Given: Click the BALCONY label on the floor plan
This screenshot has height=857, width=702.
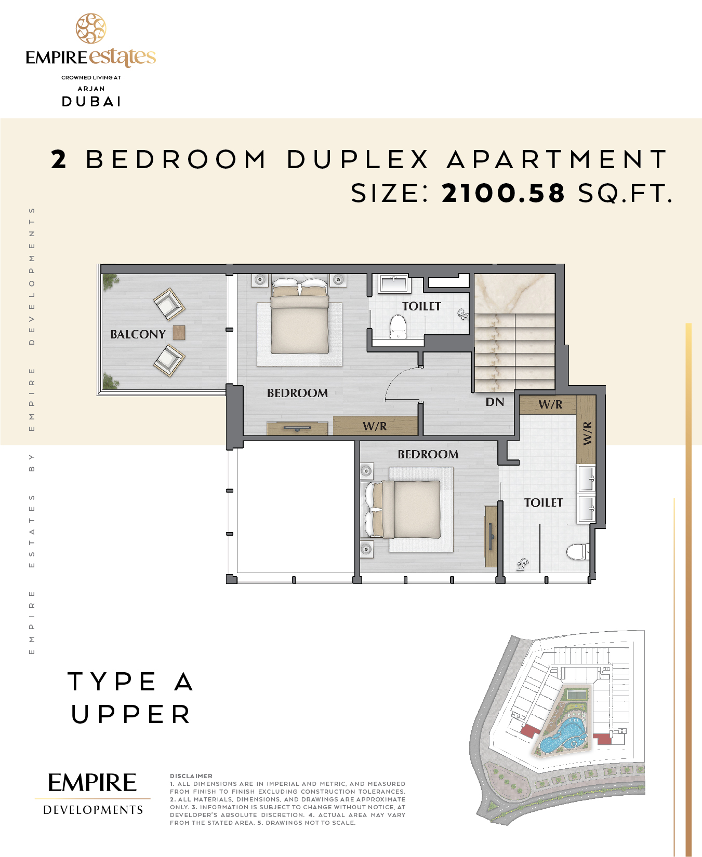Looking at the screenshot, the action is (x=138, y=334).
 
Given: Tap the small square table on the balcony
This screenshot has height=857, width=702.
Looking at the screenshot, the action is (x=179, y=333).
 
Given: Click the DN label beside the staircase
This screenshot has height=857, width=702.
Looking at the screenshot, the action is (x=495, y=402).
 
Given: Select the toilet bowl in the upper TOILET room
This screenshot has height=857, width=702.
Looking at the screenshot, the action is (x=398, y=327).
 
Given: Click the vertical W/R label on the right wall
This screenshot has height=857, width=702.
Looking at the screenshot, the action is (x=587, y=433).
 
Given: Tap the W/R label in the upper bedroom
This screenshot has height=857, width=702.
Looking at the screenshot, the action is (x=375, y=426).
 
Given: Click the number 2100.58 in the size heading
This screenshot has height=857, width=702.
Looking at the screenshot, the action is (x=503, y=193).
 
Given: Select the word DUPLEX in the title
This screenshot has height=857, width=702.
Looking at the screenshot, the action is (x=358, y=159).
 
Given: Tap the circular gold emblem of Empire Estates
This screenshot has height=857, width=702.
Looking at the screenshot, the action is (x=91, y=29).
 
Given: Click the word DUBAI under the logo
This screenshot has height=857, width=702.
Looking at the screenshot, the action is (x=91, y=101).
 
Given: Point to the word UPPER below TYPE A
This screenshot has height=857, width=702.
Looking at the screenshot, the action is (x=131, y=714).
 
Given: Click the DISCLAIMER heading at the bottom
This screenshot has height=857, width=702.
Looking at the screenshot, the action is (x=191, y=776).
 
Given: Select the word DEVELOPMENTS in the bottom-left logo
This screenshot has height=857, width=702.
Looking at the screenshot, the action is (x=93, y=810).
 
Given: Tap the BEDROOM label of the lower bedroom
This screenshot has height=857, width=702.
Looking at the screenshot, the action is (x=428, y=454).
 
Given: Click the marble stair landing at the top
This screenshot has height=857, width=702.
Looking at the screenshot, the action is (x=514, y=294).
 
